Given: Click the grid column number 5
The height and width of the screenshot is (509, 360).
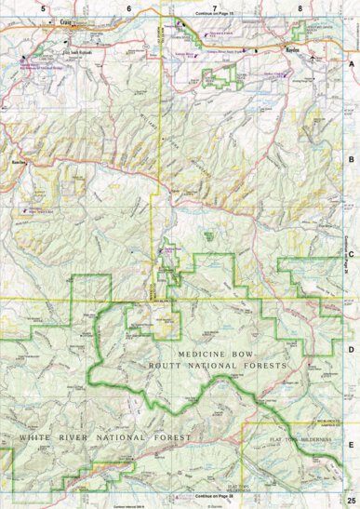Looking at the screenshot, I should point(43,7).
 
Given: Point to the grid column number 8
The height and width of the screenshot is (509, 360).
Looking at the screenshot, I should point(300,7).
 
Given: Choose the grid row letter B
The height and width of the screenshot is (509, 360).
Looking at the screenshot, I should point(351,160).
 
